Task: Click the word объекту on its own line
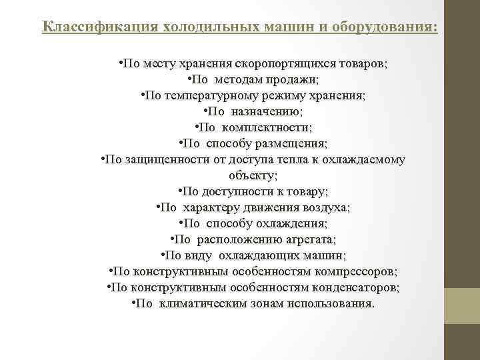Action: pos(252,176)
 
